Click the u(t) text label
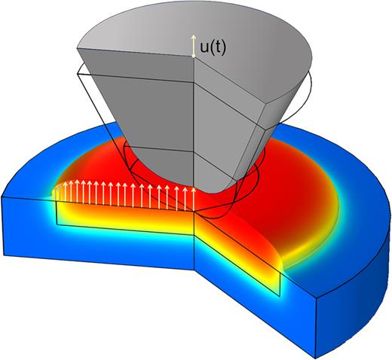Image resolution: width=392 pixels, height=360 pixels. click(x=213, y=47)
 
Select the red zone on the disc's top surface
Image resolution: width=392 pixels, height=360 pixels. click(x=294, y=181)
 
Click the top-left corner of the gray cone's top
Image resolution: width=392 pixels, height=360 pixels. click(x=80, y=49)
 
